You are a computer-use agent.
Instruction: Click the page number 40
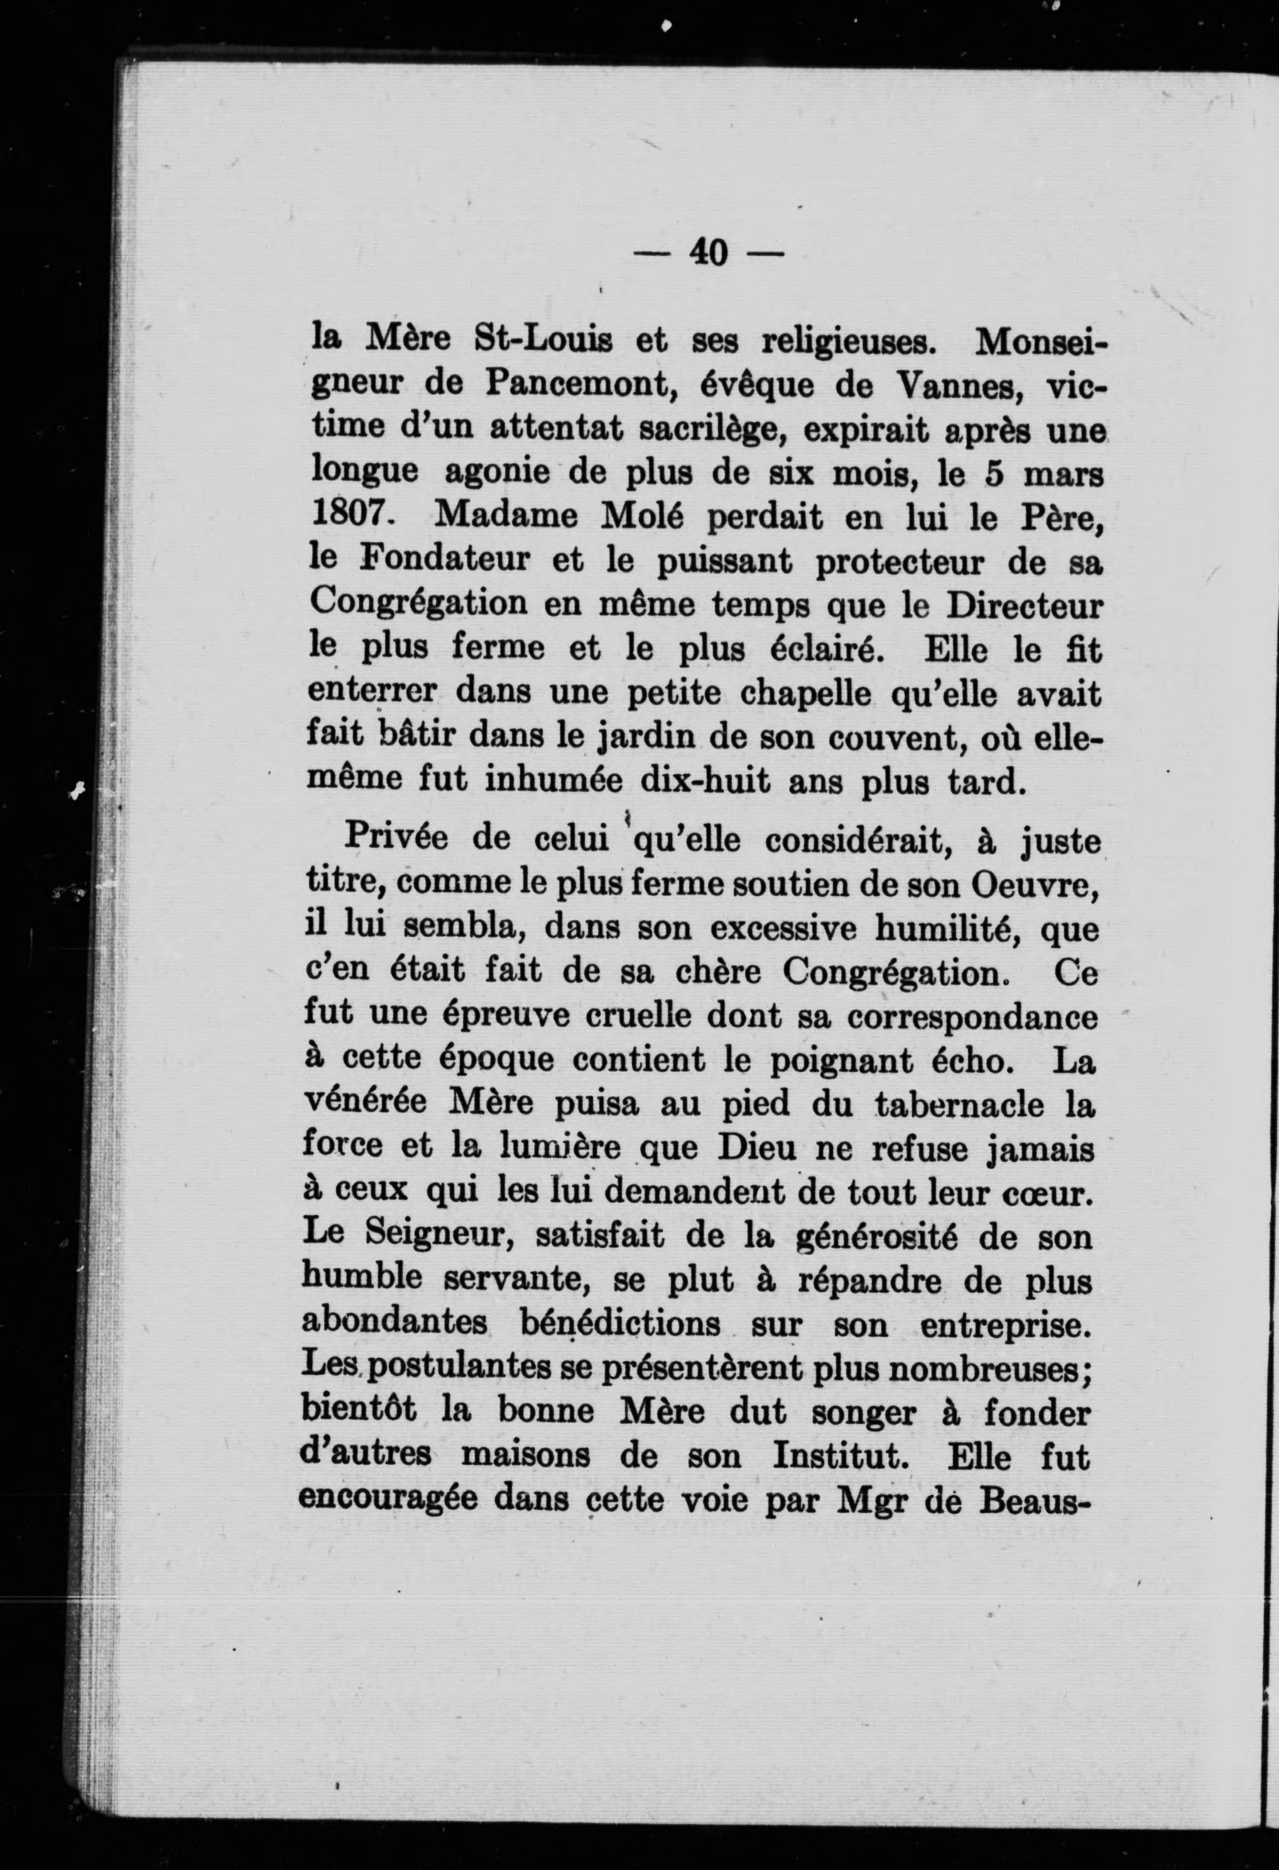tap(708, 253)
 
